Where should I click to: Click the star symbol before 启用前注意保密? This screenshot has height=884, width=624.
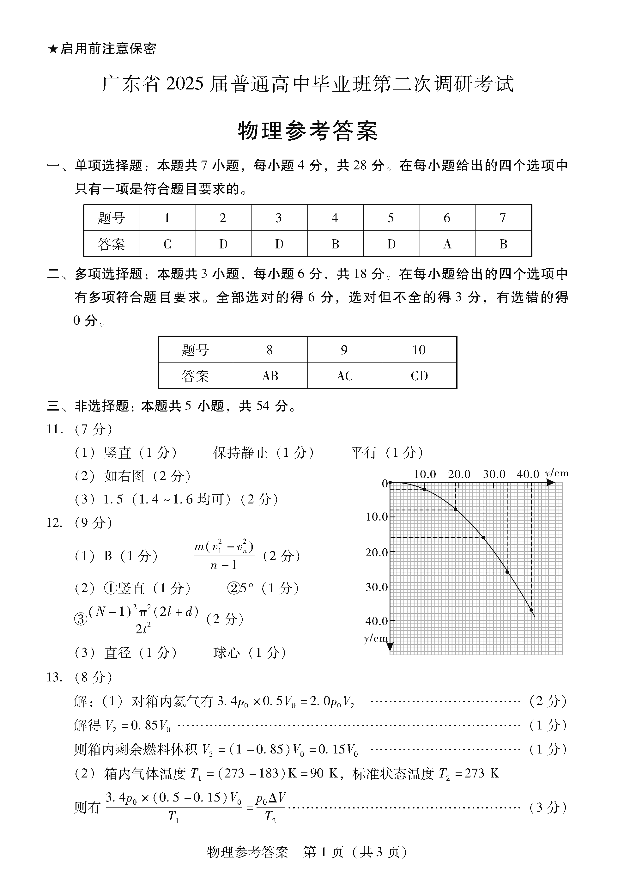click(x=52, y=49)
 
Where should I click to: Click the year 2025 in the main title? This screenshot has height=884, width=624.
click(x=185, y=84)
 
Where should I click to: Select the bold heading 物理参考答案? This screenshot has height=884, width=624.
click(x=307, y=131)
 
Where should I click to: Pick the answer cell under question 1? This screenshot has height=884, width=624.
click(x=167, y=244)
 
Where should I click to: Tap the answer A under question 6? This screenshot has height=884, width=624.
click(x=447, y=244)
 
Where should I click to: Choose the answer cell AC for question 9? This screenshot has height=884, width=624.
click(x=344, y=376)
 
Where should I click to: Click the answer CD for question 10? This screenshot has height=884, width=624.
click(x=419, y=376)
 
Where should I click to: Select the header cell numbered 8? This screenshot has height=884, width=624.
click(x=270, y=350)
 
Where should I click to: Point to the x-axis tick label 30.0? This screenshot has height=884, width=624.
click(x=494, y=474)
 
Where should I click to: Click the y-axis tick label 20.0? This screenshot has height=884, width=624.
click(x=377, y=552)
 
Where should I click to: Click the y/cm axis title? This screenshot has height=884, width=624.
click(x=375, y=639)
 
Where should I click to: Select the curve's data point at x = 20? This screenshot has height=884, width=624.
click(x=455, y=509)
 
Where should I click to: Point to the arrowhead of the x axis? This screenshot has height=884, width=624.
click(x=551, y=482)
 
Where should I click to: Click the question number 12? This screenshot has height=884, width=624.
click(x=54, y=523)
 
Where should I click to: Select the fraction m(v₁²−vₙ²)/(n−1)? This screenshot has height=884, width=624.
click(x=224, y=556)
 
